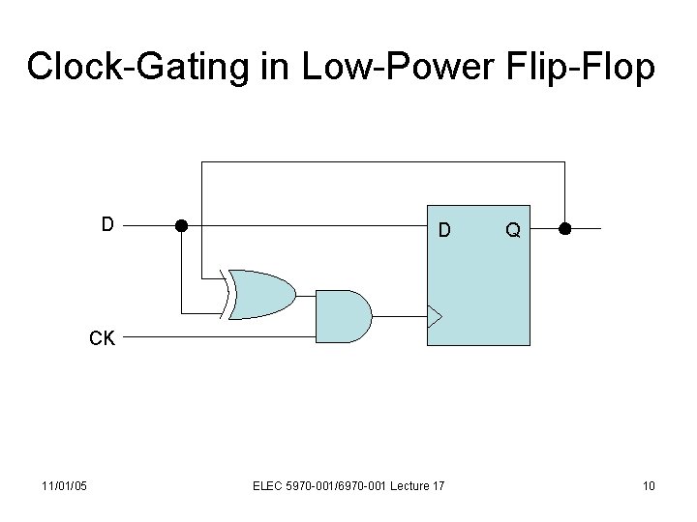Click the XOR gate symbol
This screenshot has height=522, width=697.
coord(261,294)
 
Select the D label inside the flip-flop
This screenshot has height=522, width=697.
coord(443,230)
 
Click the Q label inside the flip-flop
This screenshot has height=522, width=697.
coord(512,230)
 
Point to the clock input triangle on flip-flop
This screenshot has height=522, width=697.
coord(435,315)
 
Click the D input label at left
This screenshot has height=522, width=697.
coord(108,224)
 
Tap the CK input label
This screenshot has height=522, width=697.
coord(103,339)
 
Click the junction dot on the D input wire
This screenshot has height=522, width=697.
coord(180,227)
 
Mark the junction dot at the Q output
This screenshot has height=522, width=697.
coord(564,229)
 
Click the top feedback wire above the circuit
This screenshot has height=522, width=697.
coord(382,162)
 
